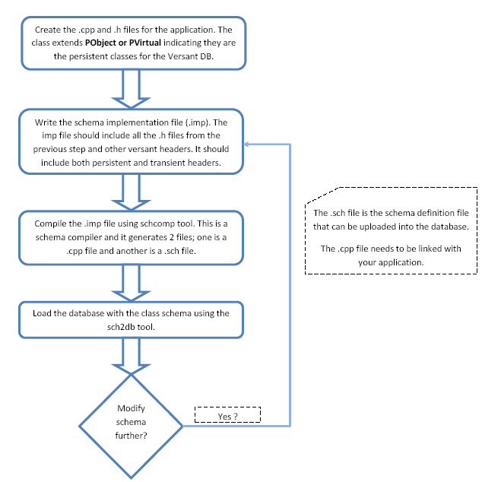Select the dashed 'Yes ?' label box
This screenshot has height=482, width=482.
pos(228,415)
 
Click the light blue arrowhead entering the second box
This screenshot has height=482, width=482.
pos(249,142)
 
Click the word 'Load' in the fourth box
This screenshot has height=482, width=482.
pos(45,312)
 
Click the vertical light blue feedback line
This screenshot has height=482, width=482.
pos(290,281)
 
